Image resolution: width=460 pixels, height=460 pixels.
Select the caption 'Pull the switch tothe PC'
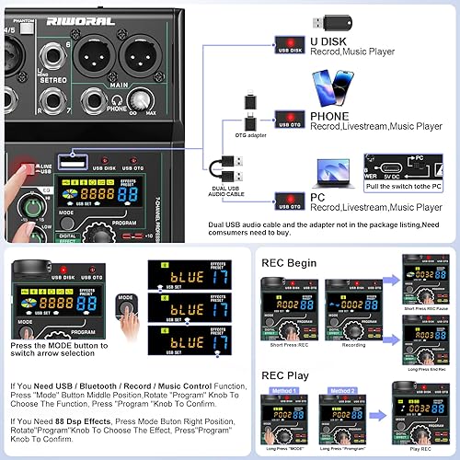(405, 187)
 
